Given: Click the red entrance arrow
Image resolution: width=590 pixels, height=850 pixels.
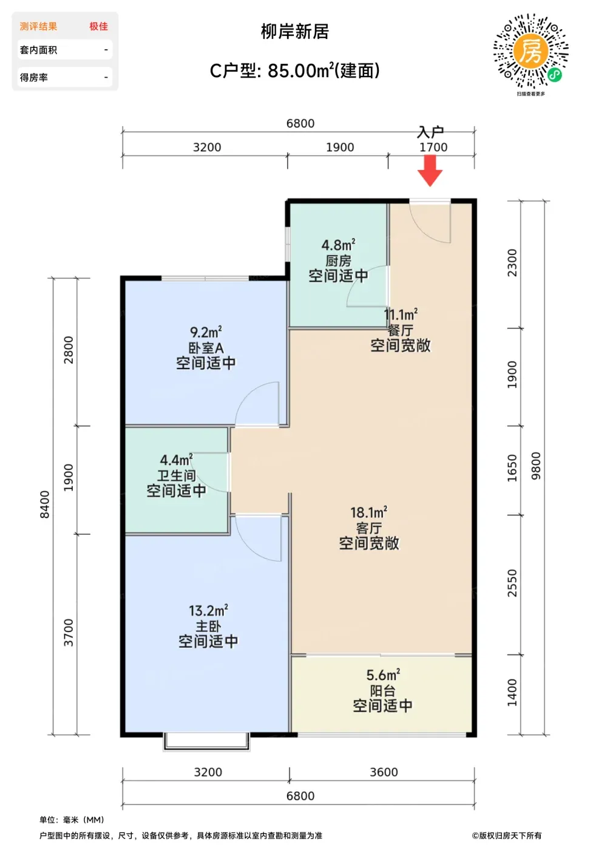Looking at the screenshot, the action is [x=430, y=171].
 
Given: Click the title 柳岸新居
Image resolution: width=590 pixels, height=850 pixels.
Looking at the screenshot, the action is [x=294, y=32].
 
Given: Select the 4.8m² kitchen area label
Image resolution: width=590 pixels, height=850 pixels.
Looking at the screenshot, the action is [x=339, y=245].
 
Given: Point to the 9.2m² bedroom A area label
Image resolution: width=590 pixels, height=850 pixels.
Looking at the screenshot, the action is [x=206, y=333].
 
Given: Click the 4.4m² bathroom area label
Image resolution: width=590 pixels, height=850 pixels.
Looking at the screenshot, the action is [x=176, y=460].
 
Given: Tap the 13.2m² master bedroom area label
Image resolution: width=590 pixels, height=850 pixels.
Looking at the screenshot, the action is [x=208, y=611].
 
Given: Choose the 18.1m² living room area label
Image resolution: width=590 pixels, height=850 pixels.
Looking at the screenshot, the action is [x=369, y=512].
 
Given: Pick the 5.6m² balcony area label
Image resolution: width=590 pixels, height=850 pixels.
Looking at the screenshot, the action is [x=383, y=675].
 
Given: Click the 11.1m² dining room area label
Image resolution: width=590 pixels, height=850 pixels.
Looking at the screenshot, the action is [x=401, y=314].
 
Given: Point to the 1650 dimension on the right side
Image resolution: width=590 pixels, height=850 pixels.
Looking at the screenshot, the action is [x=512, y=468].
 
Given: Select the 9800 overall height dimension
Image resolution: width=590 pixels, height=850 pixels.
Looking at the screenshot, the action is [x=536, y=466].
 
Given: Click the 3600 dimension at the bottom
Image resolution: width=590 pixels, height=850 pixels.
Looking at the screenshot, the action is [x=384, y=772].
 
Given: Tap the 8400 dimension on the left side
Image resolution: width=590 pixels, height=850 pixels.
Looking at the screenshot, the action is [x=45, y=505].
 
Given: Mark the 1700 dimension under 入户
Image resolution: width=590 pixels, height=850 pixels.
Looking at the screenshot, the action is [x=433, y=147].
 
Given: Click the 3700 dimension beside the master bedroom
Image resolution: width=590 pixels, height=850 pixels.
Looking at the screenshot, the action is [x=69, y=632].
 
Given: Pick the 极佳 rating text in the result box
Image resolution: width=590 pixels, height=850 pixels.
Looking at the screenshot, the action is [x=99, y=26].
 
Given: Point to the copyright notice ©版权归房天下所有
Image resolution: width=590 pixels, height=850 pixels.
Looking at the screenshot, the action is [x=507, y=835].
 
